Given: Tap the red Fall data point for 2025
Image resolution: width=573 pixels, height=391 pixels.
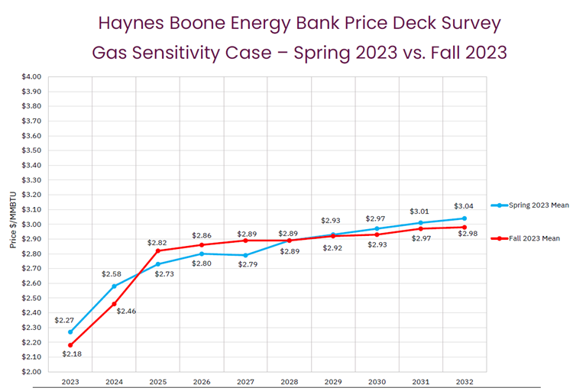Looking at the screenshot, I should point(158,250).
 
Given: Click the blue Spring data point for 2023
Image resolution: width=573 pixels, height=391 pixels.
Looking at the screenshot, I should point(70,331).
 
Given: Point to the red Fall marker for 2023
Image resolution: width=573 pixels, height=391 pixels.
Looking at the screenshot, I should point(70,345).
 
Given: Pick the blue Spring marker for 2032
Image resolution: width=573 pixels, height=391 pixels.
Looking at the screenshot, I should point(465,218).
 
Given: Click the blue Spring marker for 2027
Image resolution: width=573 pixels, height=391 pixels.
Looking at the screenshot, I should point(246,255).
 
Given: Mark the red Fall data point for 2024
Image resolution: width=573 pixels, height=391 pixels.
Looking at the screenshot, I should point(115,304).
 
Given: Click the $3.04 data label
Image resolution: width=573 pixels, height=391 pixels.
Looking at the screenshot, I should point(465,206).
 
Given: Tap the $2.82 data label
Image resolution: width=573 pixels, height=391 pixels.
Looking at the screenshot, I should point(158,243).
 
